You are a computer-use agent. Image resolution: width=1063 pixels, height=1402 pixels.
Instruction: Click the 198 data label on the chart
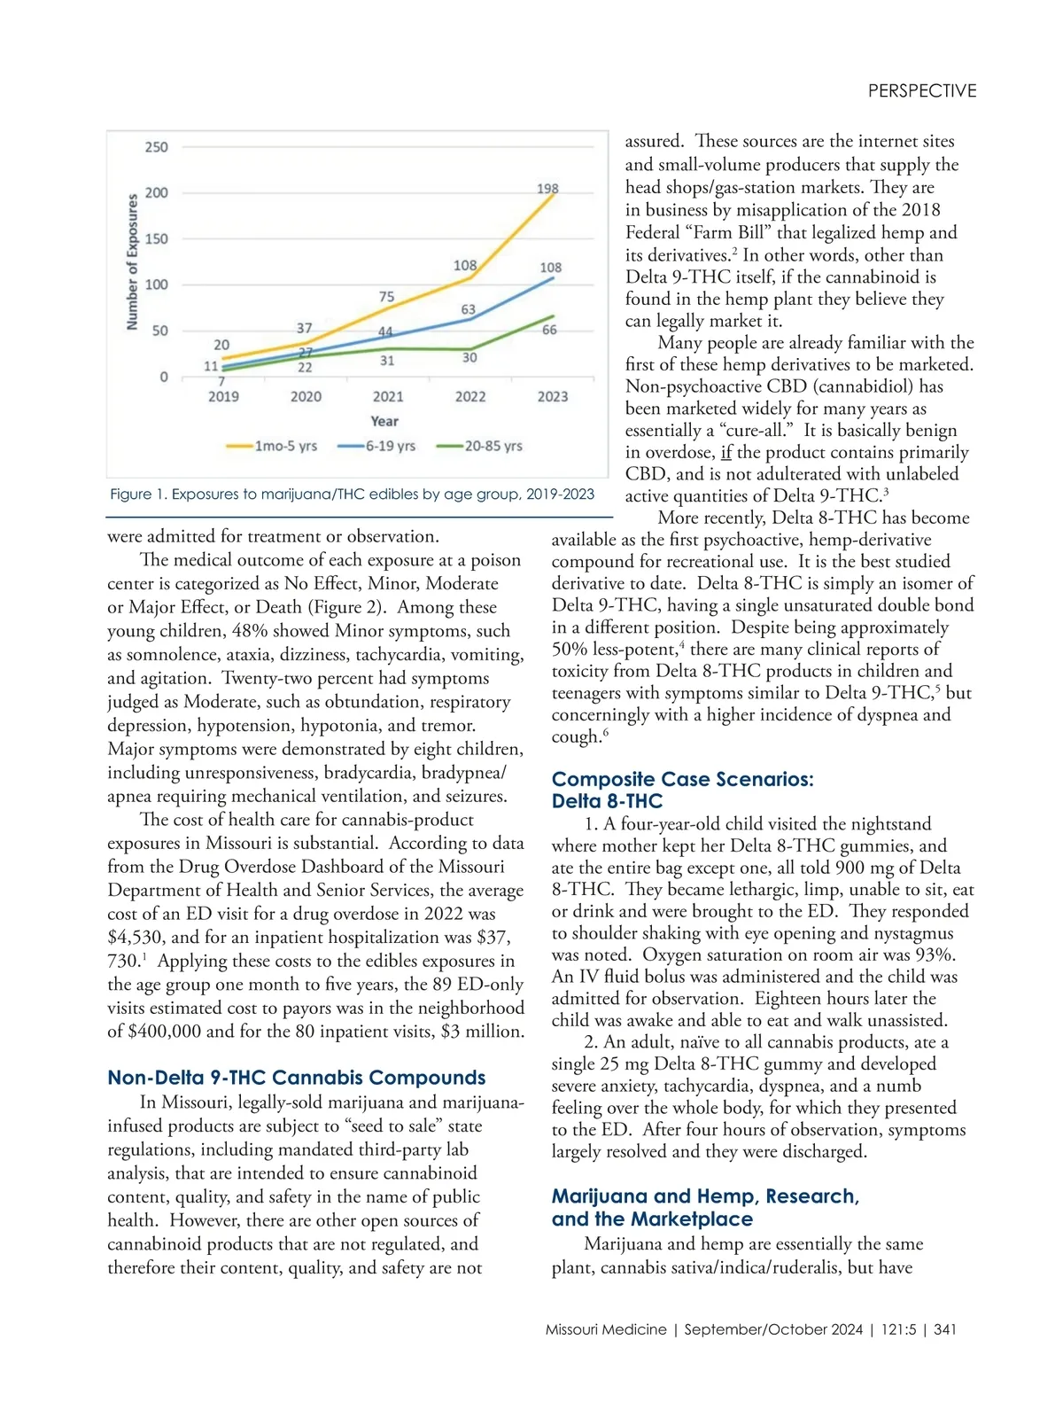coord(547,189)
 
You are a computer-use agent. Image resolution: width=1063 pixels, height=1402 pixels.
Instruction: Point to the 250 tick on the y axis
coord(156,147)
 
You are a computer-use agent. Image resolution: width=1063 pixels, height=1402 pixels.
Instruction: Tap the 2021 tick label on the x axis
coord(388,397)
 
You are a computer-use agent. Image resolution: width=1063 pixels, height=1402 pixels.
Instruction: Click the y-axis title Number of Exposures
coord(132,262)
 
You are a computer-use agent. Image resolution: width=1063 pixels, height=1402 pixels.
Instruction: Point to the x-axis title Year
coord(384,422)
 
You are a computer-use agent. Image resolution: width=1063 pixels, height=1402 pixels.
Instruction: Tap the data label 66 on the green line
coord(549,330)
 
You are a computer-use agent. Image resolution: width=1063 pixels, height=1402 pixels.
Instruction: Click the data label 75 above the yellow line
coord(387,297)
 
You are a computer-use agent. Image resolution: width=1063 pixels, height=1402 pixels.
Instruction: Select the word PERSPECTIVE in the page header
coord(922,91)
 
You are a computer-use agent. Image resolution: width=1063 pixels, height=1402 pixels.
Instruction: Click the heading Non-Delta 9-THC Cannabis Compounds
coord(297,1078)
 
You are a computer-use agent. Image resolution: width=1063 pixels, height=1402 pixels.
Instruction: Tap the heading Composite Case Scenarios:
coord(682,780)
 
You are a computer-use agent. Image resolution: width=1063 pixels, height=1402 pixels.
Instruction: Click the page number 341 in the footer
coord(944,1329)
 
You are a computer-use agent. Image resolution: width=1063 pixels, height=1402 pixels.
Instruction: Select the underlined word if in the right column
coord(725,453)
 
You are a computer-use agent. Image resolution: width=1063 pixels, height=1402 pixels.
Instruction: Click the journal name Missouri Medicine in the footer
coord(606,1329)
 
